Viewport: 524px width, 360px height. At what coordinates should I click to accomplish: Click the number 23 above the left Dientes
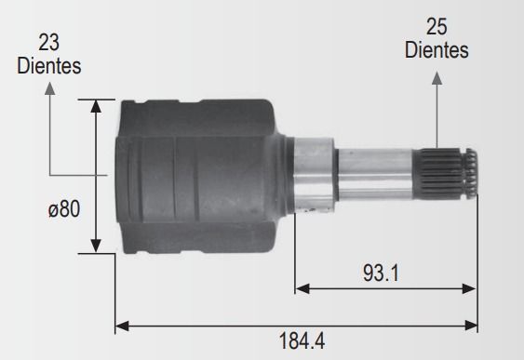coord(48,43)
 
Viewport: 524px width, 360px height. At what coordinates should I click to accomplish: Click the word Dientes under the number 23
coord(49,65)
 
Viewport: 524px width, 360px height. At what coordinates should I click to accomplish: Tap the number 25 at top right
coord(437,27)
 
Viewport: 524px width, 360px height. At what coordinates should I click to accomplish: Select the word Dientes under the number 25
coord(437,49)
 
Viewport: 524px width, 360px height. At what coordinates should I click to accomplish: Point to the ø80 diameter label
coord(64,209)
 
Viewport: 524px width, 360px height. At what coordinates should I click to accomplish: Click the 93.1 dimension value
coord(381,273)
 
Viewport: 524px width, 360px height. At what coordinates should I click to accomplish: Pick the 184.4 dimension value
coord(302,341)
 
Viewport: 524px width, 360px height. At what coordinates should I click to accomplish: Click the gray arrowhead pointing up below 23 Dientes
coord(49,88)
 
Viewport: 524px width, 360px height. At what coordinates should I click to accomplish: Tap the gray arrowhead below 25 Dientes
coord(437,78)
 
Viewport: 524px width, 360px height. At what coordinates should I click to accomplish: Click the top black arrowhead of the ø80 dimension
coord(96,106)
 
